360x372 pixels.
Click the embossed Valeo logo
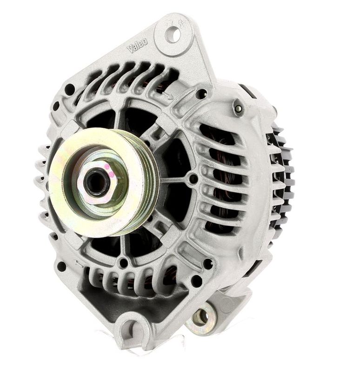(138, 45)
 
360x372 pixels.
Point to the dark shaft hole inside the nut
(95, 181)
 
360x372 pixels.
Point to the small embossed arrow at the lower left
(78, 263)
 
